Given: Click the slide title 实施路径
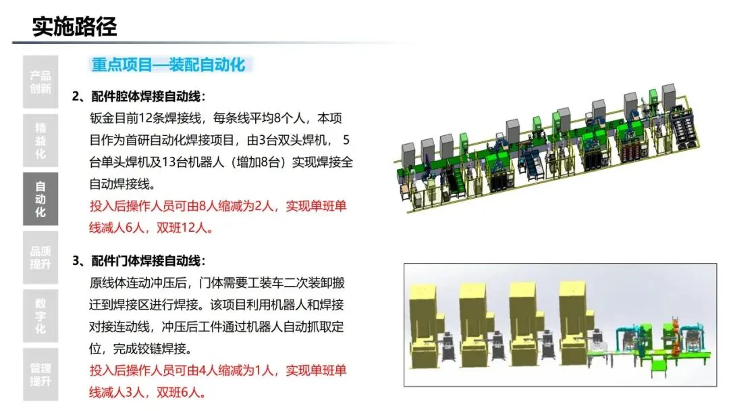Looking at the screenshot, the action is pos(74,27).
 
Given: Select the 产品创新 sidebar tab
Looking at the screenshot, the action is pos(40,82).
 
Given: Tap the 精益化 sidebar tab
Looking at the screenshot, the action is pos(40,140).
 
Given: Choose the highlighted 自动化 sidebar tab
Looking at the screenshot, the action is pos(40,199).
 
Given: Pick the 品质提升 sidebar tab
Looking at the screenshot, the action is pos(40,257).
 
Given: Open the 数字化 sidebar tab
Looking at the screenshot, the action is pos(40,316).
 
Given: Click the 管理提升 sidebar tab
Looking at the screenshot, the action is pos(40,374).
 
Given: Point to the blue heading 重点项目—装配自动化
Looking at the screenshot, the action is pos(169,66).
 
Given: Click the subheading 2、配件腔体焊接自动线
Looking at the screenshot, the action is pos(138,96).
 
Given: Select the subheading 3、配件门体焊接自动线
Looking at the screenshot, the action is pos(138,261).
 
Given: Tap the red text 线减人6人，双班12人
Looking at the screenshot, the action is pos(151,227).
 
